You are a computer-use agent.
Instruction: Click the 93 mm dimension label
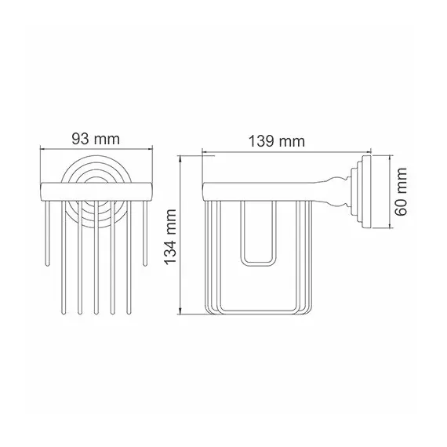pyautogui.click(x=95, y=140)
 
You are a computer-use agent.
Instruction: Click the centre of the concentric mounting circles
pyautogui.click(x=95, y=187)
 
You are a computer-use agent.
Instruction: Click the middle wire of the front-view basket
pyautogui.click(x=95, y=259)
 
